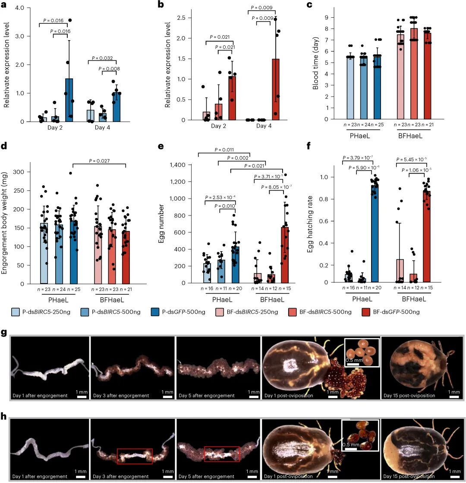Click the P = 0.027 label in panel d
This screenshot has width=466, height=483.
point(99,161)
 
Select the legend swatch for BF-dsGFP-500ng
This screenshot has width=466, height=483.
point(366,312)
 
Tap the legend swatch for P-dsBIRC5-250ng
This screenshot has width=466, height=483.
point(16,312)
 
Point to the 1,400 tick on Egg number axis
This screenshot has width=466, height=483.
point(178,165)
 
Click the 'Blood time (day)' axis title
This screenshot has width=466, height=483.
point(315,64)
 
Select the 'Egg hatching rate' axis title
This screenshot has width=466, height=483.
point(310,224)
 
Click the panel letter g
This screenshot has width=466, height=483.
point(4,333)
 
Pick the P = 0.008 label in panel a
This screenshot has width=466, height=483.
point(109,69)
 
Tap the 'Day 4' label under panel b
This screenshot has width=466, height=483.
point(264,126)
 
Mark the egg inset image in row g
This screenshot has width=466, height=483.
point(362,353)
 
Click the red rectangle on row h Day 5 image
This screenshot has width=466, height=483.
point(222,454)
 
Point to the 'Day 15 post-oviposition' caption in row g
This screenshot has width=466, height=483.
point(409,396)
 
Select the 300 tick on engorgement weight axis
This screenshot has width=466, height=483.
point(19,172)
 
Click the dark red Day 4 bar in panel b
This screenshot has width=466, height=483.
point(276,89)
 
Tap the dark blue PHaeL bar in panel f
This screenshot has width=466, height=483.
point(375,233)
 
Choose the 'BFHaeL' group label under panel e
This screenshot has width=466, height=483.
point(272,300)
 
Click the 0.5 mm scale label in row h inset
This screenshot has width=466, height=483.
point(351,445)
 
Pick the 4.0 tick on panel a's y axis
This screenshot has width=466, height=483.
point(19,8)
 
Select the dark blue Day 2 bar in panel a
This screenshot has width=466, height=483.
point(69,100)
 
